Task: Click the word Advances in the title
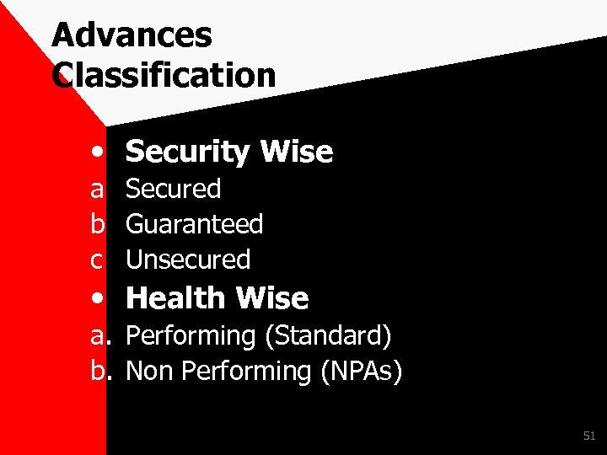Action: [132, 36]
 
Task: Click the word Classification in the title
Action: [164, 75]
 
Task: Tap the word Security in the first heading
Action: [187, 153]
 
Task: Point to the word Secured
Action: [173, 189]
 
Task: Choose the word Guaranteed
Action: [194, 224]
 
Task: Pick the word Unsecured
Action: [187, 260]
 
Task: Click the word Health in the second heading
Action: [175, 298]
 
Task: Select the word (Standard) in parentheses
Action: [328, 336]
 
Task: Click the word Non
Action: [148, 371]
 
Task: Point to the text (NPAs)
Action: [362, 371]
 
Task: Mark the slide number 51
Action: [588, 436]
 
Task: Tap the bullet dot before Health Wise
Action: [99, 299]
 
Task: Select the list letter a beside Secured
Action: [99, 190]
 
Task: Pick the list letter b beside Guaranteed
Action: [99, 224]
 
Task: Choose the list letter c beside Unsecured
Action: [99, 260]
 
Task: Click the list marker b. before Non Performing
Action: [101, 371]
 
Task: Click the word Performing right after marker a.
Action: [191, 336]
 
